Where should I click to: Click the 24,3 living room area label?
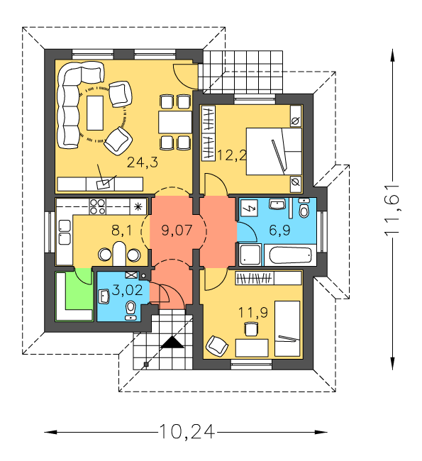coord(143,162)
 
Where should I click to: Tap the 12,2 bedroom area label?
coord(231,155)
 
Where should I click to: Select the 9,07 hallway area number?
coord(177,230)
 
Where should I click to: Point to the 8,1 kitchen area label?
coord(122,230)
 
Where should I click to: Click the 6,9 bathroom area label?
coord(279,230)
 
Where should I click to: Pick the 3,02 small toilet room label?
coord(128,290)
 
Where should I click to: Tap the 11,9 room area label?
coord(253,312)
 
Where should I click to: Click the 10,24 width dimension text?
coord(187,432)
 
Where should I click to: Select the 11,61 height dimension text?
coord(392,211)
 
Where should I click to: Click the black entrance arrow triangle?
coord(172,343)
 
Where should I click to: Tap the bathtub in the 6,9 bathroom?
coord(290,255)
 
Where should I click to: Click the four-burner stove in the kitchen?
coord(97,206)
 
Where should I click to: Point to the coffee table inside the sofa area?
coord(95,113)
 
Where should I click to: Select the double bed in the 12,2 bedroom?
coord(274,151)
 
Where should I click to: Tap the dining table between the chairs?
coord(175,122)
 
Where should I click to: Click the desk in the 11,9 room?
coord(252,348)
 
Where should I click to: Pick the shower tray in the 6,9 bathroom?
coord(250,255)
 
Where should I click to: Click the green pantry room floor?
coord(79,292)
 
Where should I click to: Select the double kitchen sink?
coord(65,232)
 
